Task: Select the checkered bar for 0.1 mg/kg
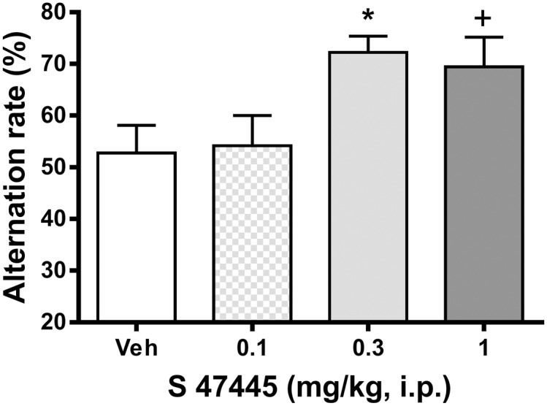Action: pos(252,234)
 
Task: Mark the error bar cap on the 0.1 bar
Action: pos(252,115)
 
